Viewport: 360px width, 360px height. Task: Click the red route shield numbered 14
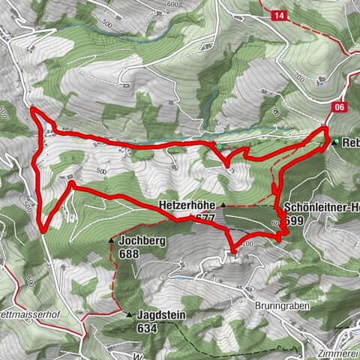[279, 16]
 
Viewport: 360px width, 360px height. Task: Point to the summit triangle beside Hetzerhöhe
[223, 203]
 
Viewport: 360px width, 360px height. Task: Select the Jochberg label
[139, 242]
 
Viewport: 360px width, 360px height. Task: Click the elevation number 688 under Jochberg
[128, 254]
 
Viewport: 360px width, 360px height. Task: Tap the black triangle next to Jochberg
[111, 242]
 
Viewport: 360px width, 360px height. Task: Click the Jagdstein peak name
[161, 316]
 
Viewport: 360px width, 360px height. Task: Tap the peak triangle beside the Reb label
[335, 142]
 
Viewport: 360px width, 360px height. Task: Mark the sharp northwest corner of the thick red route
[31, 111]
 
